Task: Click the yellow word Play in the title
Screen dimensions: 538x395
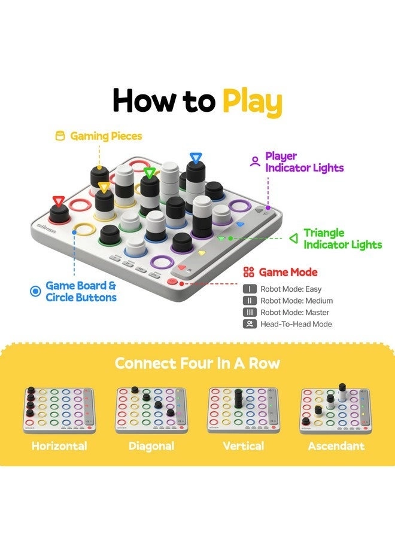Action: click(252, 102)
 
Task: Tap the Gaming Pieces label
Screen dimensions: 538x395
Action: click(106, 136)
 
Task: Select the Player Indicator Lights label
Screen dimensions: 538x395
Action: click(305, 162)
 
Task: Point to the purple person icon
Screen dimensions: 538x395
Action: click(255, 161)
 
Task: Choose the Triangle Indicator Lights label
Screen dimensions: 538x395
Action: click(342, 239)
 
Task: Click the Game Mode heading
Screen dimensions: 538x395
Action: click(288, 273)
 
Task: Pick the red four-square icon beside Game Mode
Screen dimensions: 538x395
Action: click(249, 273)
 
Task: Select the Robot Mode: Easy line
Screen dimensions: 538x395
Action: click(291, 289)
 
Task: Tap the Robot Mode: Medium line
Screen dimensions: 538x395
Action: click(296, 301)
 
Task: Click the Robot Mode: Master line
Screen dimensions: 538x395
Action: click(294, 313)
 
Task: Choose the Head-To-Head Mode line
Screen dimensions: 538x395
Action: click(296, 324)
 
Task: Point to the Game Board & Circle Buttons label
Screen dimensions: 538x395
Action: click(81, 292)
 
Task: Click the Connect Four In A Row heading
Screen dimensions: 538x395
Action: click(197, 363)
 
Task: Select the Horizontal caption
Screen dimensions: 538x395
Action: click(59, 446)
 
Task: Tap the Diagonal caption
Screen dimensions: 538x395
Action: click(151, 446)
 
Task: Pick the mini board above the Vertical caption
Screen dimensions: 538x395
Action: click(243, 410)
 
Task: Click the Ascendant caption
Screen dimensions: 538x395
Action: click(336, 446)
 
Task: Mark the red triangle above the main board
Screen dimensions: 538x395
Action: click(58, 201)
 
